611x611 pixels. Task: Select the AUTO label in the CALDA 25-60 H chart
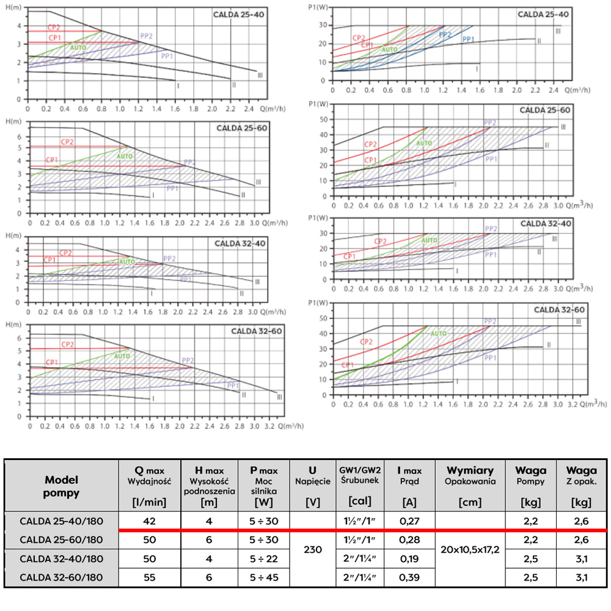click(124, 156)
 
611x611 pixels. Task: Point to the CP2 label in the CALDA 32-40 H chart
click(66, 252)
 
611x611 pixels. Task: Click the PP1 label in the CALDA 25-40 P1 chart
click(469, 39)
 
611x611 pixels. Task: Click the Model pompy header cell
click(62, 486)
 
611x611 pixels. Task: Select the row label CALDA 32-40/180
click(62, 558)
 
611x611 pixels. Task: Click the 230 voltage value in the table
click(312, 549)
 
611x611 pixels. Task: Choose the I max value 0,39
click(408, 577)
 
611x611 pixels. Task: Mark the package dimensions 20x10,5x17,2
click(470, 549)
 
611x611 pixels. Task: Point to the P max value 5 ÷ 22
click(263, 558)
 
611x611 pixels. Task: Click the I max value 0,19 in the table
click(408, 558)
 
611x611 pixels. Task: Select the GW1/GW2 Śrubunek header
click(360, 475)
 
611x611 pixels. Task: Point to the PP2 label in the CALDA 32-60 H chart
click(188, 360)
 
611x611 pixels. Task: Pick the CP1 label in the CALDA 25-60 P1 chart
click(370, 160)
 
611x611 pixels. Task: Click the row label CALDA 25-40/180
click(62, 521)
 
